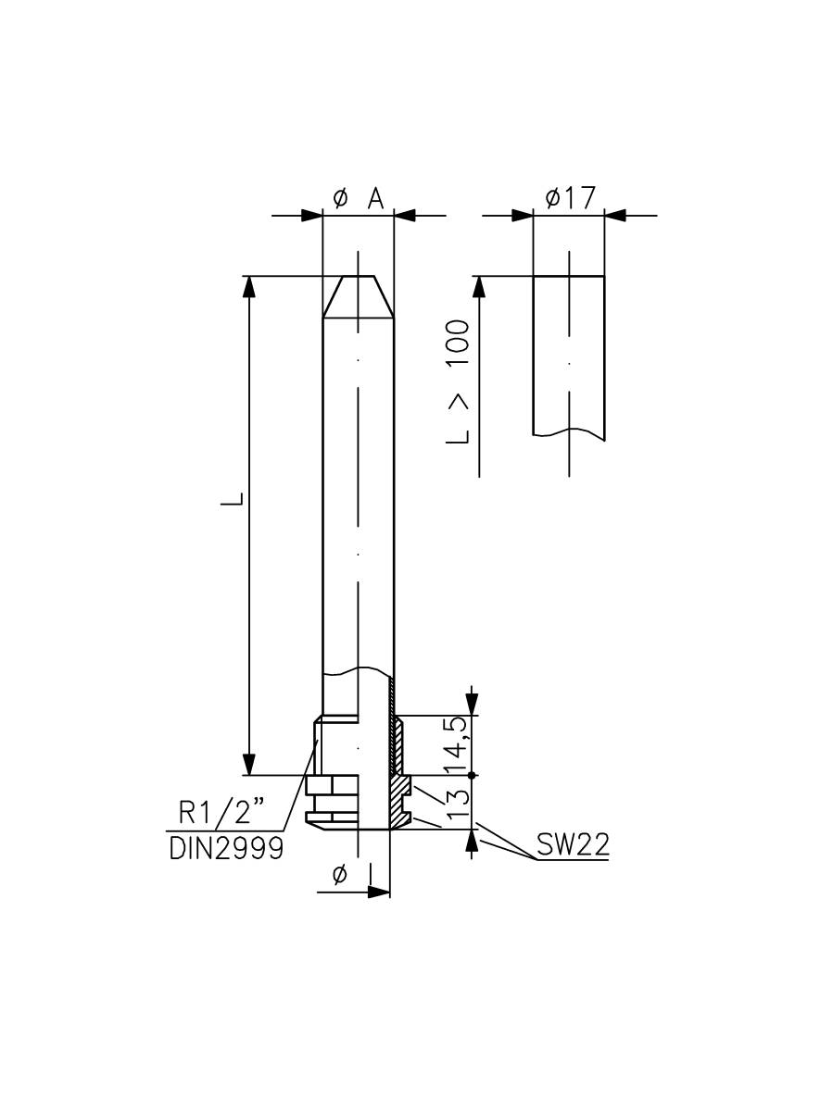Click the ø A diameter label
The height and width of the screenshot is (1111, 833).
click(358, 198)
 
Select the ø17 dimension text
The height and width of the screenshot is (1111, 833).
click(570, 197)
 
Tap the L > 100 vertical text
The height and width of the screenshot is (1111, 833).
click(458, 381)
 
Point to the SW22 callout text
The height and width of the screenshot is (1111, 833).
click(572, 845)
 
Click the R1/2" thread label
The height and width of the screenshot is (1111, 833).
click(221, 815)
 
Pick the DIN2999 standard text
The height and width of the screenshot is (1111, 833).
click(226, 848)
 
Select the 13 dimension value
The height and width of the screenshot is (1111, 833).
click(457, 802)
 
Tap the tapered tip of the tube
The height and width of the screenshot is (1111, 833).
click(358, 296)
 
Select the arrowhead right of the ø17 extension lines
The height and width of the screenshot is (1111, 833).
click(616, 216)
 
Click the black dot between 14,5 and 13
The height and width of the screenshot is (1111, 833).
click(473, 774)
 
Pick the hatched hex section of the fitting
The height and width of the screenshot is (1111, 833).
click(400, 802)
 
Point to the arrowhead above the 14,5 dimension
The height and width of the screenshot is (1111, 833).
click(473, 703)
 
